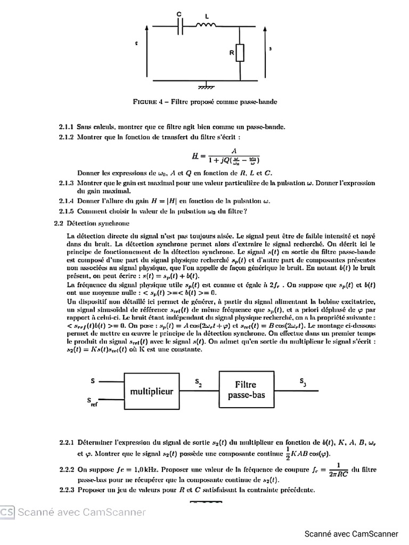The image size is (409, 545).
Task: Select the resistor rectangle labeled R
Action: [240, 53]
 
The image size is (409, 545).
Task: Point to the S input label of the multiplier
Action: [93, 381]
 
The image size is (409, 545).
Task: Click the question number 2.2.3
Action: [67, 490]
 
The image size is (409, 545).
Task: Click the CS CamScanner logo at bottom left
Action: [7, 511]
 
